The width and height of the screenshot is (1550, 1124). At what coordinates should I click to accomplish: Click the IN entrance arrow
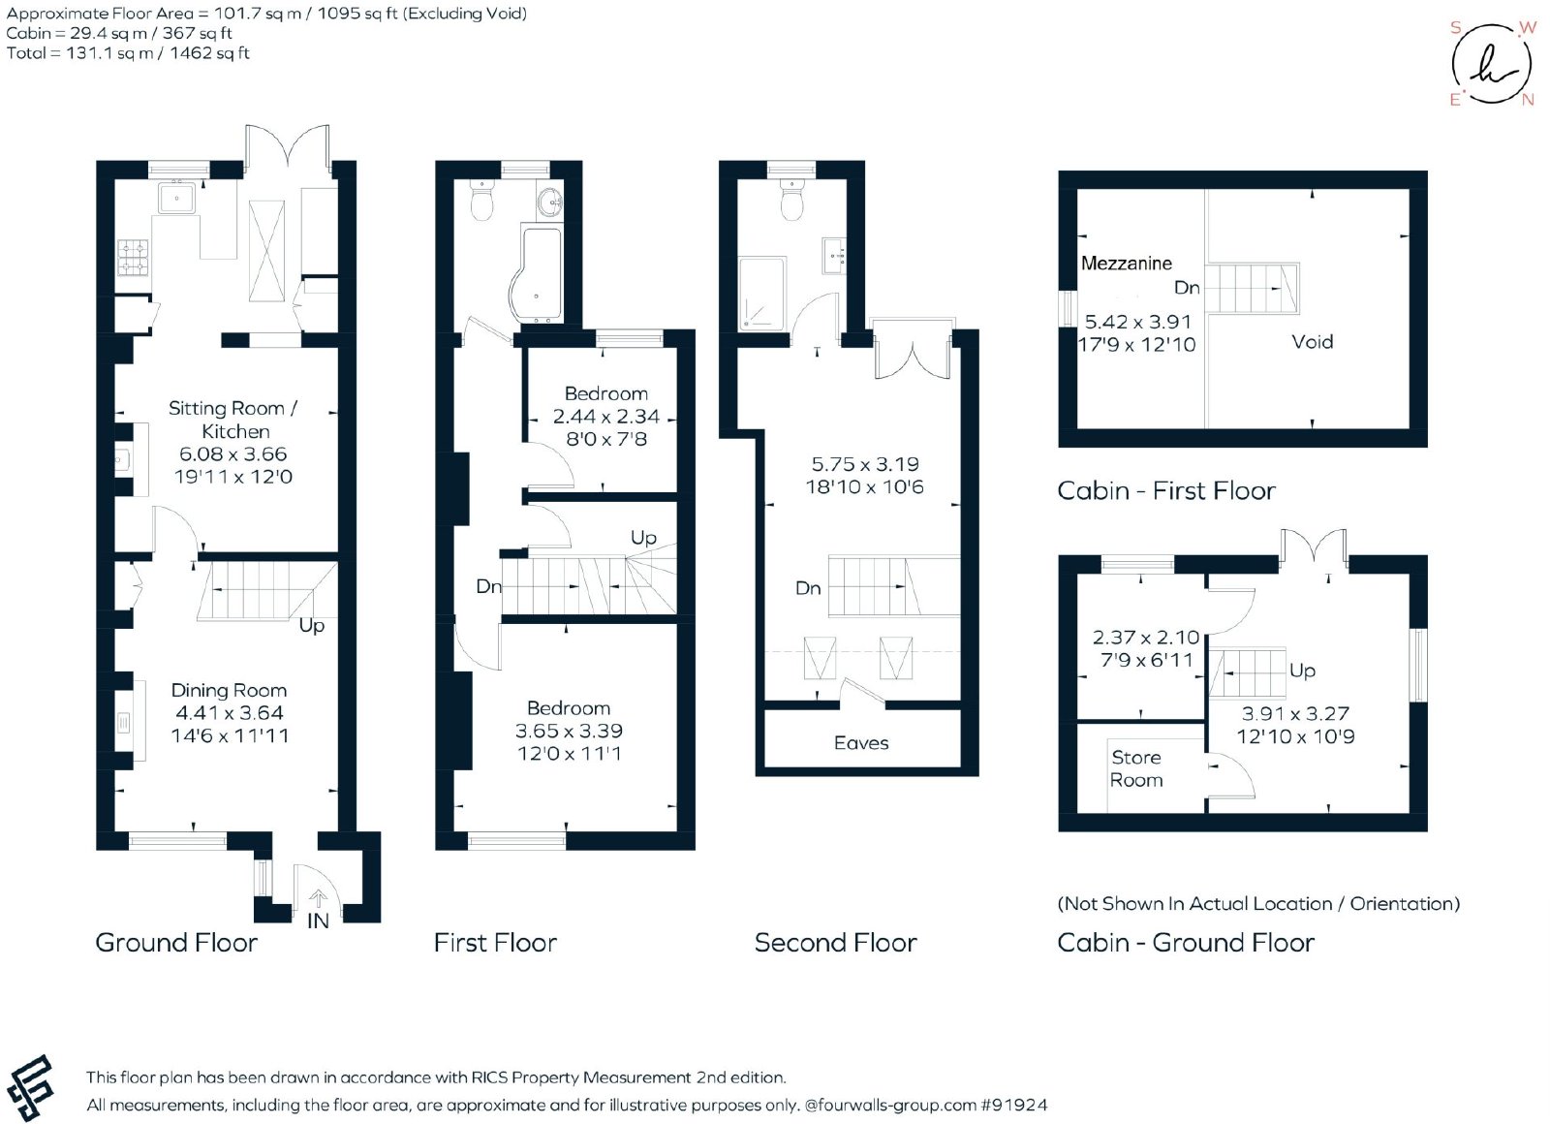318,898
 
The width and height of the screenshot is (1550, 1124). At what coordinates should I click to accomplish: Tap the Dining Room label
229,690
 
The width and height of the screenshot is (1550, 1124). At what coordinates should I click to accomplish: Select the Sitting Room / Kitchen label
233,420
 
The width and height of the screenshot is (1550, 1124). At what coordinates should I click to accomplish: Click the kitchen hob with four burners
135,257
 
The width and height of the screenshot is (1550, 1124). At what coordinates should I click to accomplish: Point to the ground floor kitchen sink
178,199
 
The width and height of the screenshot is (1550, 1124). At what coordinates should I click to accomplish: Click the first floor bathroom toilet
480,200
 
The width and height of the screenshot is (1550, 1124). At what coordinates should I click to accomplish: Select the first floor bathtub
537,273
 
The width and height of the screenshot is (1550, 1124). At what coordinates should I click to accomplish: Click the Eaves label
861,742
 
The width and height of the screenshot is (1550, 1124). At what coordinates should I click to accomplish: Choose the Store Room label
1136,768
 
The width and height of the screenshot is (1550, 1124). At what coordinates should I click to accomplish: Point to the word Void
1312,341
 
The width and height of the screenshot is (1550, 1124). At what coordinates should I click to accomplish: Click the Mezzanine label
1127,263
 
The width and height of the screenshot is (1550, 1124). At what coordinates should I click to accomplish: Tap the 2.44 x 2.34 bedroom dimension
606,416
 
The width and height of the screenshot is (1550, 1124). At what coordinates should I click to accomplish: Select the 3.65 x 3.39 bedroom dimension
569,731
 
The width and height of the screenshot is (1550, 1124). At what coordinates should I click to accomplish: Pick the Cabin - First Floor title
1166,490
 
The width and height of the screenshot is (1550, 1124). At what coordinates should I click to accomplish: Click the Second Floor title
836,943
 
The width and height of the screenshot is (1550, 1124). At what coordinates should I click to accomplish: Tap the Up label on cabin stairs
1302,671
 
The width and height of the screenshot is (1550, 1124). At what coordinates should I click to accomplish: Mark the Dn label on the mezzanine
1187,287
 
